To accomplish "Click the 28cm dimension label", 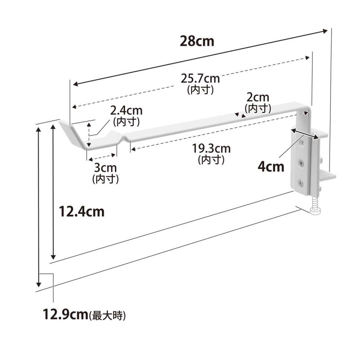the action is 197,41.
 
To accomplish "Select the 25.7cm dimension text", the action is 200,78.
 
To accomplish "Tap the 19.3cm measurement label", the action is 211,148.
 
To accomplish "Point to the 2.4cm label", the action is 126,111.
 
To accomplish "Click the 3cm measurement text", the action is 105,168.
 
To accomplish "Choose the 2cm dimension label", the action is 258,98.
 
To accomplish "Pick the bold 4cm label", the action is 271,167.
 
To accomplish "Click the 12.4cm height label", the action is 82,212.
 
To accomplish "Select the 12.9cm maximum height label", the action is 66,314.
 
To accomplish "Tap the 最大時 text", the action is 107,316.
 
